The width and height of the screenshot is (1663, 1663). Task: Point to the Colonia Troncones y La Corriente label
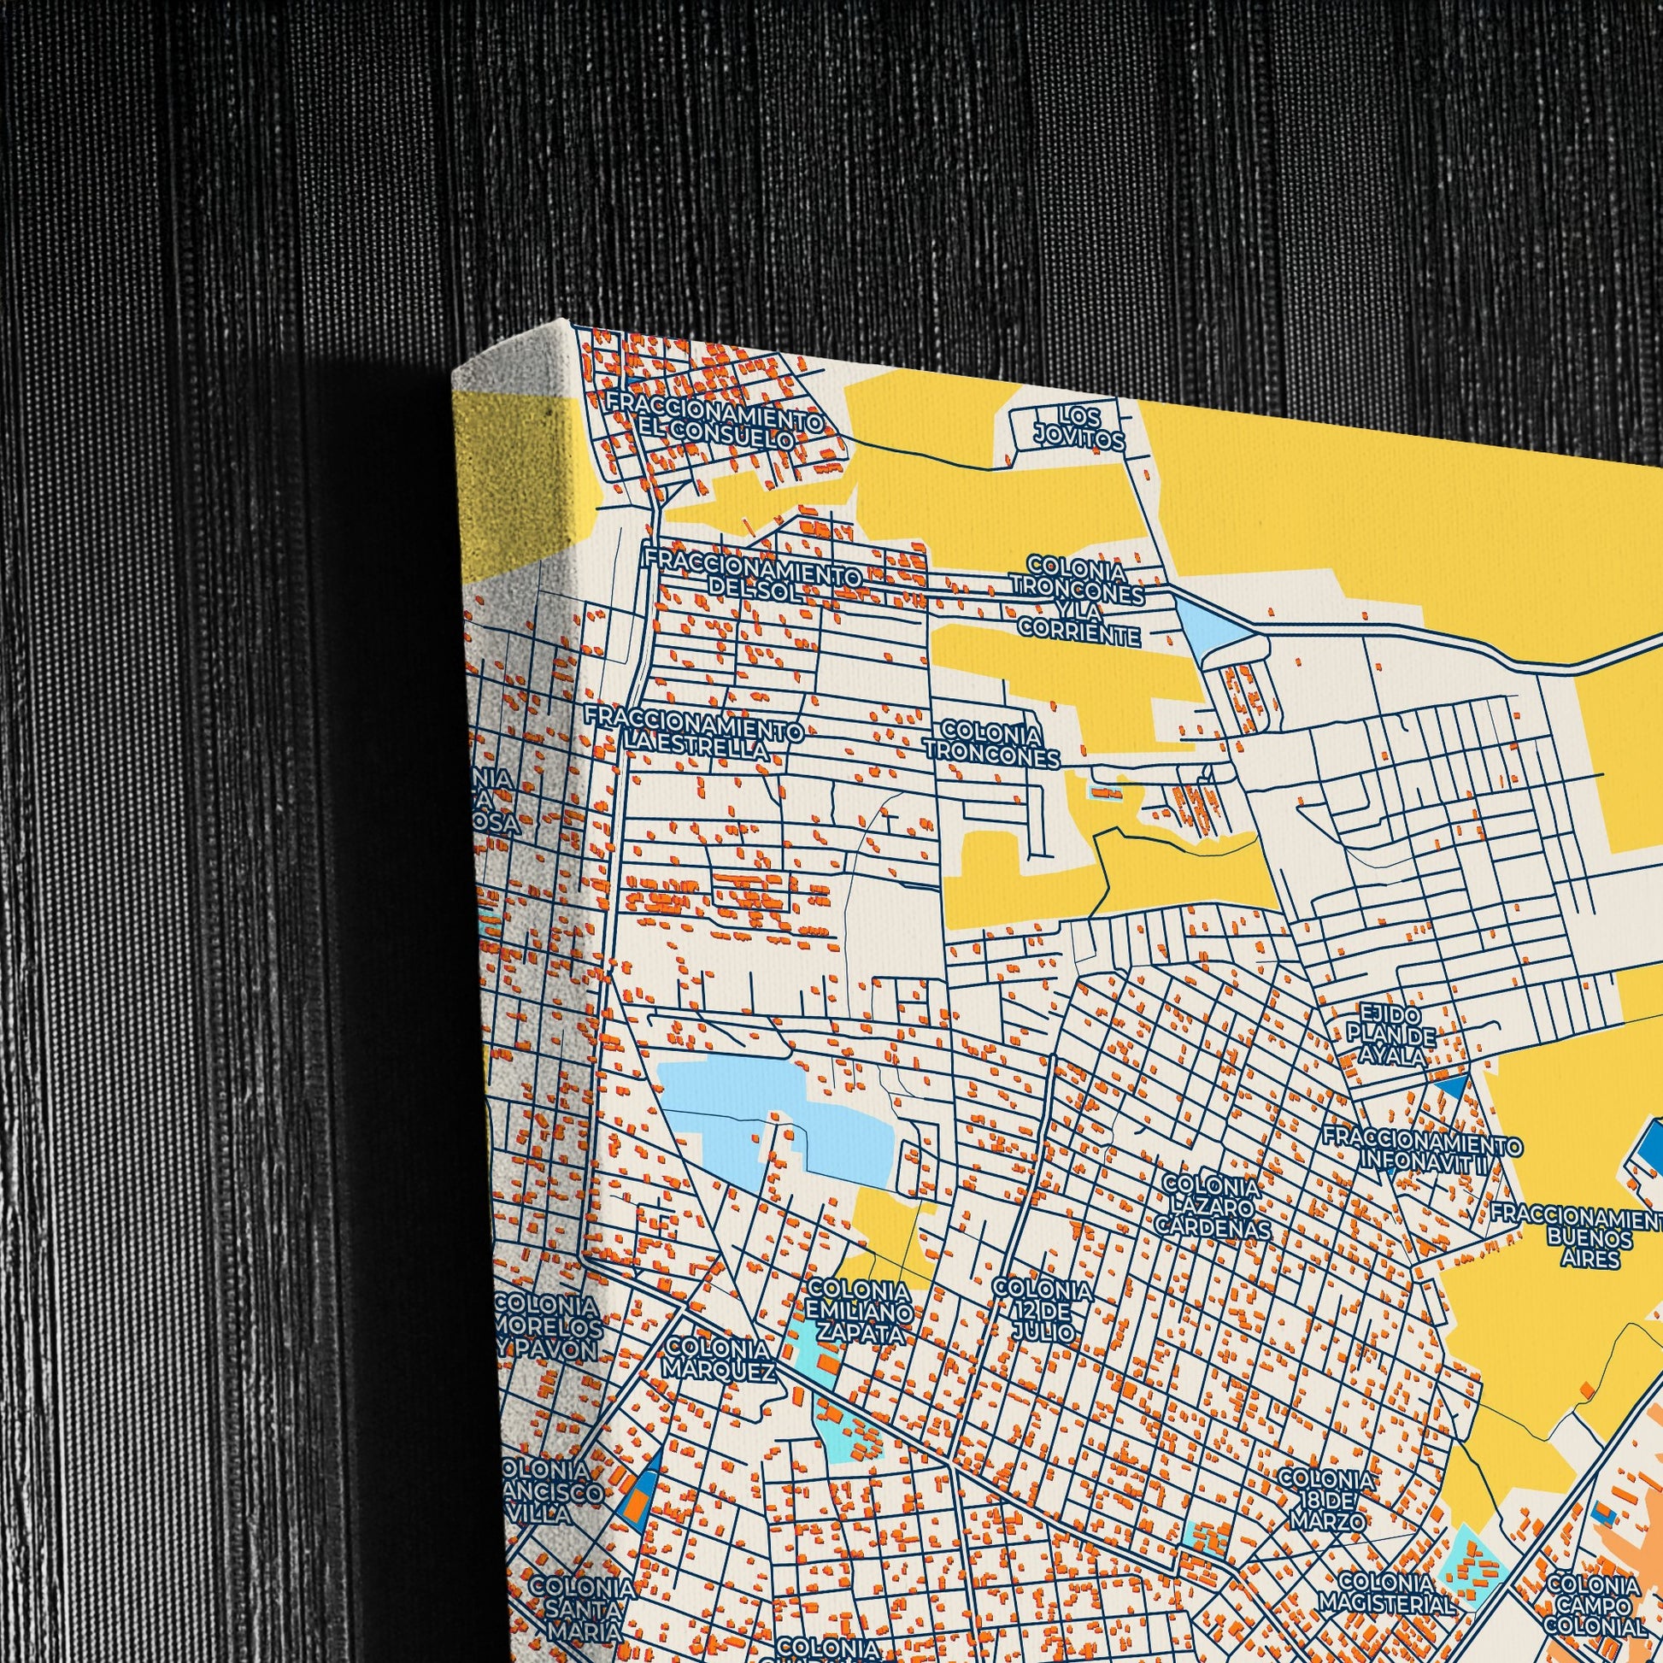[x=1078, y=601]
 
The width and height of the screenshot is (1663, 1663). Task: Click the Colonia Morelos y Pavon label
[x=549, y=1326]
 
